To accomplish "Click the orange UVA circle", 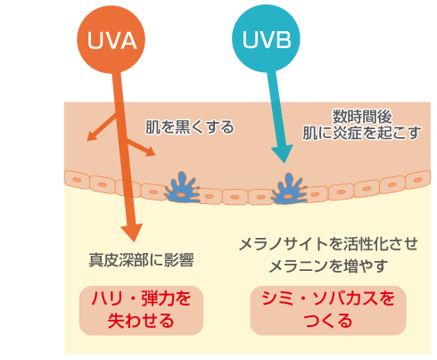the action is click(x=111, y=39).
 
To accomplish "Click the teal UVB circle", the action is click(x=266, y=38).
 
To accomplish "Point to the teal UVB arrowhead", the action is click(x=283, y=153).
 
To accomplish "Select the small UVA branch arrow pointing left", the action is click(x=102, y=127).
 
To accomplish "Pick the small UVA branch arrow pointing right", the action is click(x=141, y=147).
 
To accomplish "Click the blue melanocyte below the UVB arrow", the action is click(x=288, y=189).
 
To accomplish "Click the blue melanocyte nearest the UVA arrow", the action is click(x=182, y=187).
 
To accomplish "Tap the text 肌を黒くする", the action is click(x=190, y=127).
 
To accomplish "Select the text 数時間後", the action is click(x=362, y=117).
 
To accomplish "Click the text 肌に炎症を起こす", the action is click(x=362, y=133).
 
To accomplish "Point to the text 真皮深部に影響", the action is click(x=142, y=260).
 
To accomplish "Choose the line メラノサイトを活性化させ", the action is click(x=328, y=244).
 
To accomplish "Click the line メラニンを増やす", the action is click(x=328, y=266).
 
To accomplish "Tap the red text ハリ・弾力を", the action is click(x=141, y=299).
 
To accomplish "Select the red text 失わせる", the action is click(x=141, y=321).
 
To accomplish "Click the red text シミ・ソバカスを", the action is click(x=328, y=299).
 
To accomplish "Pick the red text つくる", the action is click(x=328, y=321).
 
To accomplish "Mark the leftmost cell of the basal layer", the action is click(x=77, y=180).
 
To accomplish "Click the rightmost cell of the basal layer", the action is click(x=418, y=179).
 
